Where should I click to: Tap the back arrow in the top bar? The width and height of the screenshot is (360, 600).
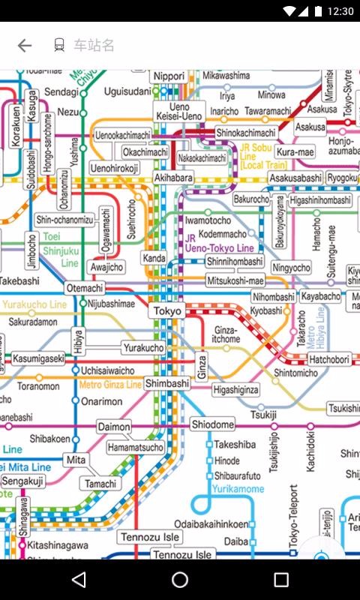25,46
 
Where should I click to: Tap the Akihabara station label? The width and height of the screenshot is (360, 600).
173,178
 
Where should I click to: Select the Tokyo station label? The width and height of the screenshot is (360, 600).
167,311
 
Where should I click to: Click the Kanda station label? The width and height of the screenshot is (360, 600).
154,259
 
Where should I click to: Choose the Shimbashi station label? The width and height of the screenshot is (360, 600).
167,383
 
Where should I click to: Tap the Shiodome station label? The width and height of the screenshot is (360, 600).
213,424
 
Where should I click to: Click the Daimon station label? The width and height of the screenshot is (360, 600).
115,427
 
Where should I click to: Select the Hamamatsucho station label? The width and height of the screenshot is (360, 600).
136,448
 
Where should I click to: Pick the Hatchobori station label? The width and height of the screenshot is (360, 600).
329,360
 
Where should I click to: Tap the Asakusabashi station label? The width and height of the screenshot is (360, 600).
295,178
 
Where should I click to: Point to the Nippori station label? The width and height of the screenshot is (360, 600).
169,76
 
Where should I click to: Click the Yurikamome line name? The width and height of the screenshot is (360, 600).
239,488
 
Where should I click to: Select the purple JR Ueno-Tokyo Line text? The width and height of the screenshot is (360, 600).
219,243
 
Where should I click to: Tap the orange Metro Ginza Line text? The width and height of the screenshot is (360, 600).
110,385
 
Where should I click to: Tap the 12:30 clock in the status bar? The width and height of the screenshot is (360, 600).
340,11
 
